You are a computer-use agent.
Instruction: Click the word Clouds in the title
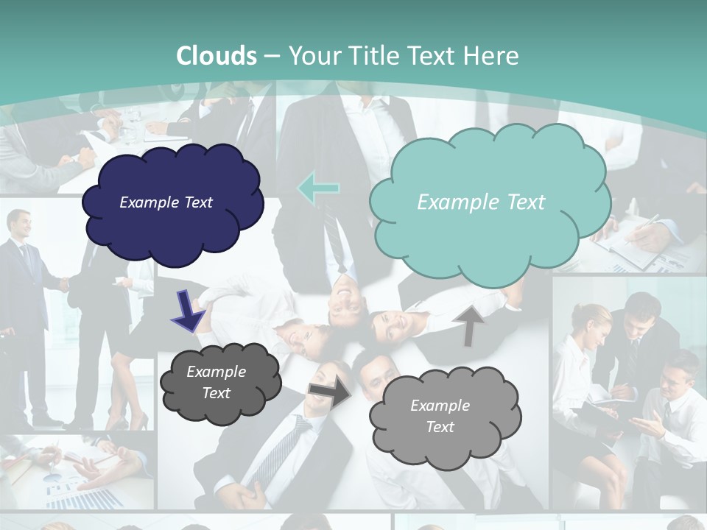[217, 56]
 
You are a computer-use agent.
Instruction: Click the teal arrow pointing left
[318, 188]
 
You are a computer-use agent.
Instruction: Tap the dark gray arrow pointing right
[330, 395]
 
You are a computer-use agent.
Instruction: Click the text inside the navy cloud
[166, 202]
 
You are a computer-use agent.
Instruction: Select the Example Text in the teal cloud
[481, 202]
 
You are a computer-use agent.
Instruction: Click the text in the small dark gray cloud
[216, 382]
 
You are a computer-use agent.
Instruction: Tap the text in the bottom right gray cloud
[440, 416]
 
